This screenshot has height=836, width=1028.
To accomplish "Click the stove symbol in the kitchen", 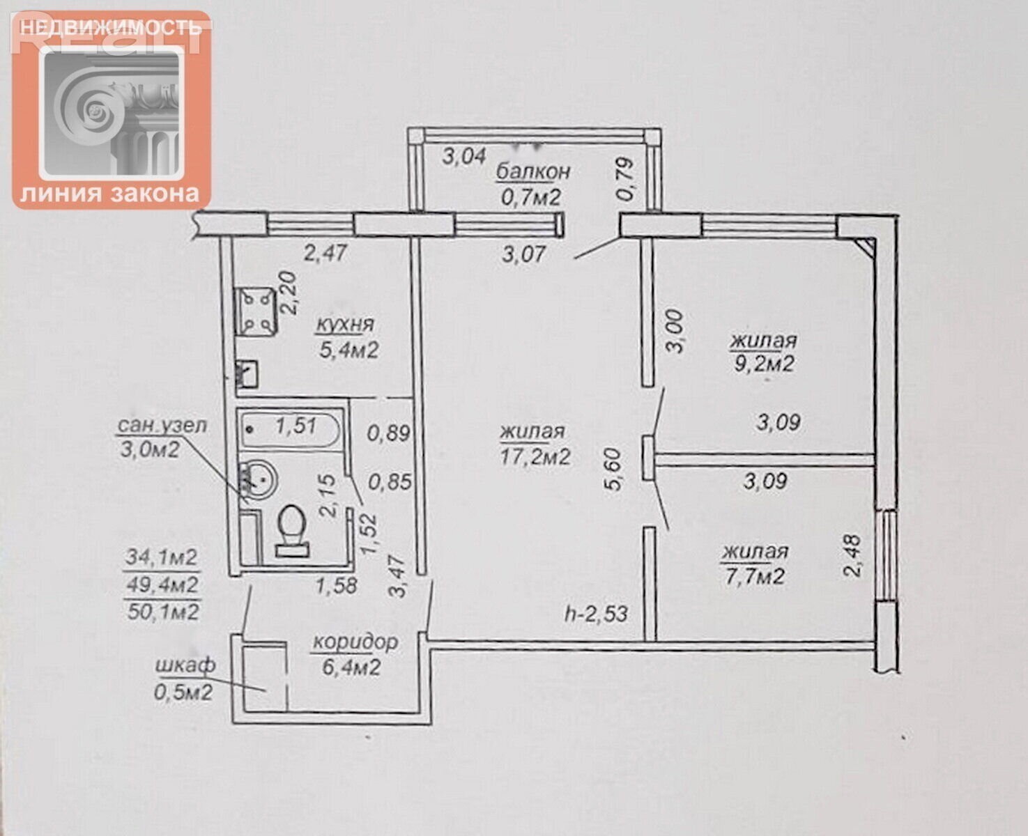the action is pyautogui.click(x=255, y=312).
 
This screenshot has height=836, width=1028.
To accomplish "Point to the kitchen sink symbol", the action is pyautogui.click(x=247, y=374).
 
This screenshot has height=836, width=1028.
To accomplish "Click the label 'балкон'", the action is pyautogui.click(x=533, y=172).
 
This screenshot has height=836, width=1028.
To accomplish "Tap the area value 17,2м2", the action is pyautogui.click(x=535, y=456).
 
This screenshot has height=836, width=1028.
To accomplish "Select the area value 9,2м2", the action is pyautogui.click(x=764, y=363).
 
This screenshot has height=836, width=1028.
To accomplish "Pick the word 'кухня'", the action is pyautogui.click(x=345, y=324).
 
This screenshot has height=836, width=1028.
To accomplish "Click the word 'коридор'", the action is pyautogui.click(x=355, y=642).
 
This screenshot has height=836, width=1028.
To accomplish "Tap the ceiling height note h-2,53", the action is pyautogui.click(x=597, y=614).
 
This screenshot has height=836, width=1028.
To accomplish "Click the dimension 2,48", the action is pyautogui.click(x=853, y=555).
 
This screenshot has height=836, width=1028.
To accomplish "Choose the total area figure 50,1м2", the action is pyautogui.click(x=163, y=612).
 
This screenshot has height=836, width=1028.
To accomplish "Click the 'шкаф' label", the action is pyautogui.click(x=185, y=665).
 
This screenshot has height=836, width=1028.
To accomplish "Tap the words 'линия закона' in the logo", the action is pyautogui.click(x=110, y=194).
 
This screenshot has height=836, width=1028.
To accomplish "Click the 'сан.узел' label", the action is pyautogui.click(x=162, y=426).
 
